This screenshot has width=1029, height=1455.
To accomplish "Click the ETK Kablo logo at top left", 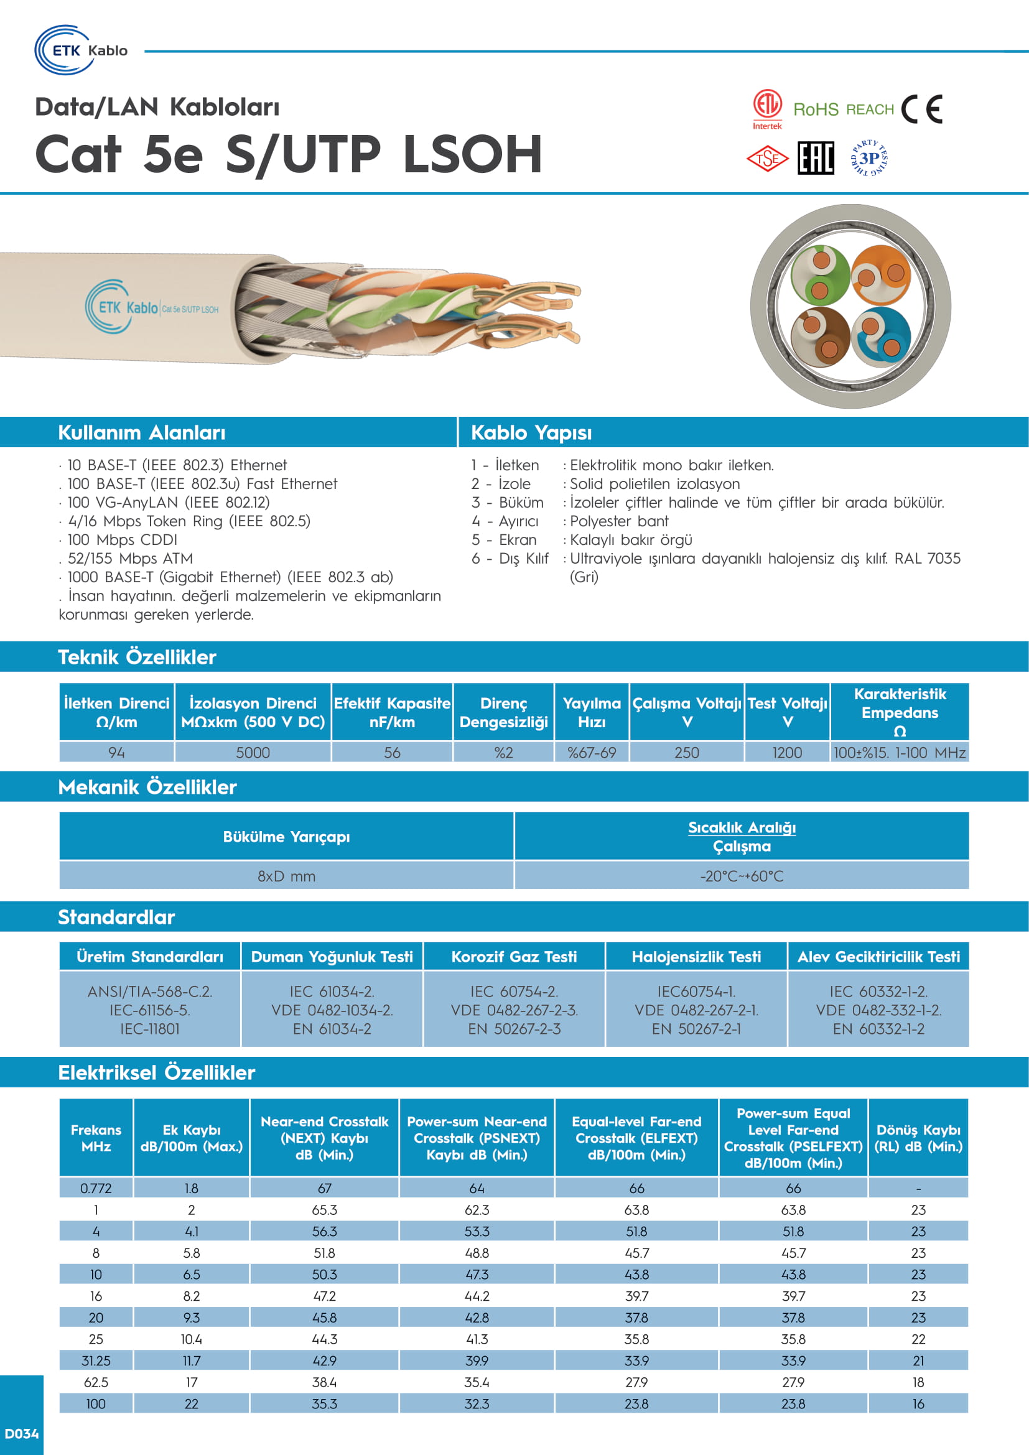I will pos(80,50).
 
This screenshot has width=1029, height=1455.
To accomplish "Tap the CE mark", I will pos(921,109).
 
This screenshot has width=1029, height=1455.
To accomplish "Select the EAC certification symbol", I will pos(816,159).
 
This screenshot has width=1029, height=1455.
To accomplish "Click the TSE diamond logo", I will pos(767,159).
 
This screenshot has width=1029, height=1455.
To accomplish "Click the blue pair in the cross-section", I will pos(881,337).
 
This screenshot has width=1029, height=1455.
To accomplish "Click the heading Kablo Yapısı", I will pos(531,433).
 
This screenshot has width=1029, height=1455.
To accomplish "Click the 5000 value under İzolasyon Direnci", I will pos(253,753).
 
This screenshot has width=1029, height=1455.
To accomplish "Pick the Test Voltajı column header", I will pos(787,712).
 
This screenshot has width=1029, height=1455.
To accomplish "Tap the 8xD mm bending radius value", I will pos(286,876).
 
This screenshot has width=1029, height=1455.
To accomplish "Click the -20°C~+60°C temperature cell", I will pos(742,876).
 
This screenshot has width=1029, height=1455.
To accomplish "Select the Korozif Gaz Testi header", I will pos(514,957).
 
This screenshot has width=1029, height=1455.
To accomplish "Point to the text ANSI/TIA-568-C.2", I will pos(150,992).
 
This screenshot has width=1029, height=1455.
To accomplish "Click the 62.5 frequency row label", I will pos(96,1382).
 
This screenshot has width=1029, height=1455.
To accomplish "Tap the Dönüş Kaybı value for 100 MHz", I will pos(918,1403).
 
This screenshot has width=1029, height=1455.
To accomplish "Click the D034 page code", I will pos(22,1433).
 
